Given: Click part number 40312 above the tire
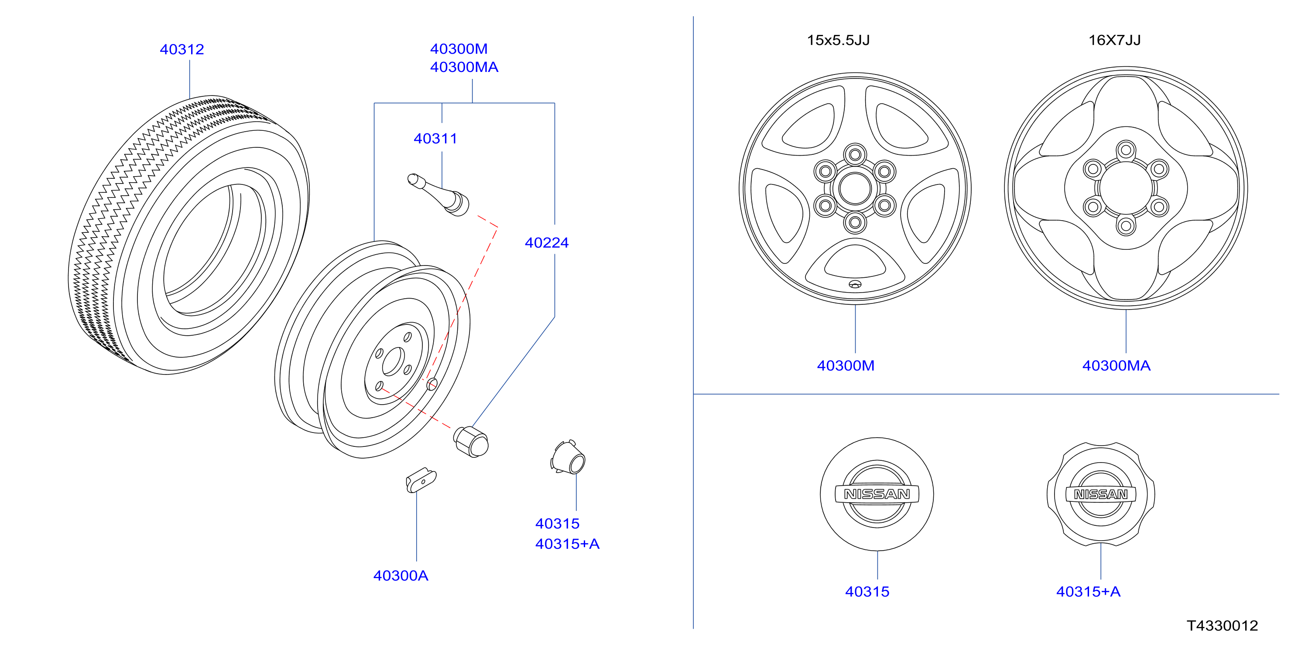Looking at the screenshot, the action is click(x=182, y=49).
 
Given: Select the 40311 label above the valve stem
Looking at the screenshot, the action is click(x=435, y=139).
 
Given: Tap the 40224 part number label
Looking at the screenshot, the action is click(x=547, y=243).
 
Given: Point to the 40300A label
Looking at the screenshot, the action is click(x=401, y=576).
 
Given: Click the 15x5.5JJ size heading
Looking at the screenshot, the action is click(x=838, y=40).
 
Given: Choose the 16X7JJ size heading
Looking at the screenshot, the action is click(x=1114, y=40).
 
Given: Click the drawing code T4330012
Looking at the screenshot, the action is click(x=1223, y=626).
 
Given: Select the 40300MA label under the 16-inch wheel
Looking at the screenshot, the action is click(x=1116, y=365).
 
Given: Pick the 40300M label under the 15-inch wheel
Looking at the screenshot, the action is click(x=846, y=365).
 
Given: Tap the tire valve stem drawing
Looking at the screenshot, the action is click(x=438, y=195).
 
